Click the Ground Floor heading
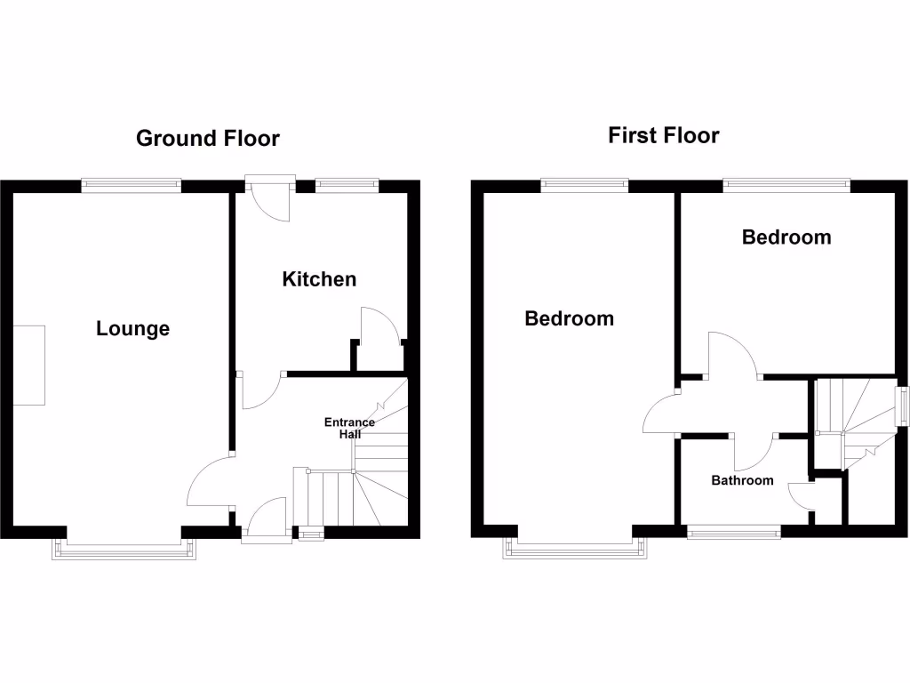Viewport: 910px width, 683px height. click(x=208, y=139)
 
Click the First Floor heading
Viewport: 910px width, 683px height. click(x=663, y=135)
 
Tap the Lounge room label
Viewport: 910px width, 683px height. click(x=132, y=329)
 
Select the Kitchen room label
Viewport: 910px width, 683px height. click(x=319, y=279)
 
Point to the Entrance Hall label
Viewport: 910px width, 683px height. click(x=349, y=428)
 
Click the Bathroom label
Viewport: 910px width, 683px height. click(x=742, y=480)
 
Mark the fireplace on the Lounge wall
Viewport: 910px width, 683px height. click(x=28, y=366)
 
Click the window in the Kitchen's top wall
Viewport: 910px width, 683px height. click(x=347, y=185)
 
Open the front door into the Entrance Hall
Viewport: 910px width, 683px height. click(x=266, y=520)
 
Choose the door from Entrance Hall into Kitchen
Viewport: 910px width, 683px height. click(x=259, y=392)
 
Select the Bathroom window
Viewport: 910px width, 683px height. click(x=734, y=532)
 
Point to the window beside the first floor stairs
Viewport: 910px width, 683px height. click(x=901, y=407)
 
